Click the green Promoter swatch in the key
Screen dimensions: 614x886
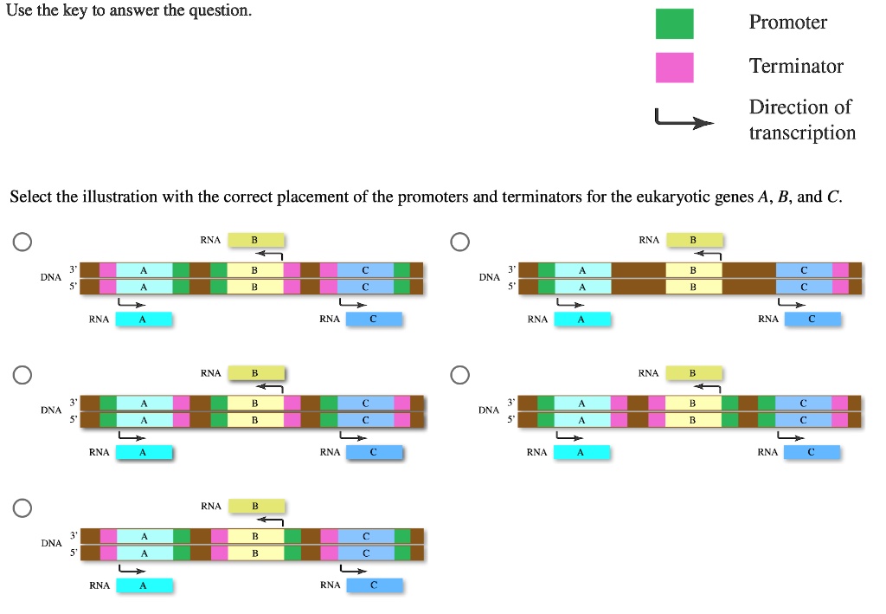pos(674,23)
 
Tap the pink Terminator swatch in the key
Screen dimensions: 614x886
pos(674,67)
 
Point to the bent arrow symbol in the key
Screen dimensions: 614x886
pos(684,120)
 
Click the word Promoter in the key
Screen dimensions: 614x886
pos(787,23)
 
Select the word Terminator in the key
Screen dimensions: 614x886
pos(796,66)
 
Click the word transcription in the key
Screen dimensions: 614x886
pos(802,132)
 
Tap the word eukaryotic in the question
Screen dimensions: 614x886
pos(673,197)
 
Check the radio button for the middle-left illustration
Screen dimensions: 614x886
pos(23,374)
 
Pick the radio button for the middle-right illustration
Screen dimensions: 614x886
pos(459,374)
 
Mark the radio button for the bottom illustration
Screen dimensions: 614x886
pos(23,507)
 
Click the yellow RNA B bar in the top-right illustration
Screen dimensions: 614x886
pos(692,240)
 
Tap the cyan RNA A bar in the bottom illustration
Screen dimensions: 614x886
pos(144,585)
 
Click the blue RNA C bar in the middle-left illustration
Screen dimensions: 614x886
pos(374,452)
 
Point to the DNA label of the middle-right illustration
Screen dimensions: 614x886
pos(489,410)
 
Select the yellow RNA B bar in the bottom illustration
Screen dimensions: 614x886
pos(255,506)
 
